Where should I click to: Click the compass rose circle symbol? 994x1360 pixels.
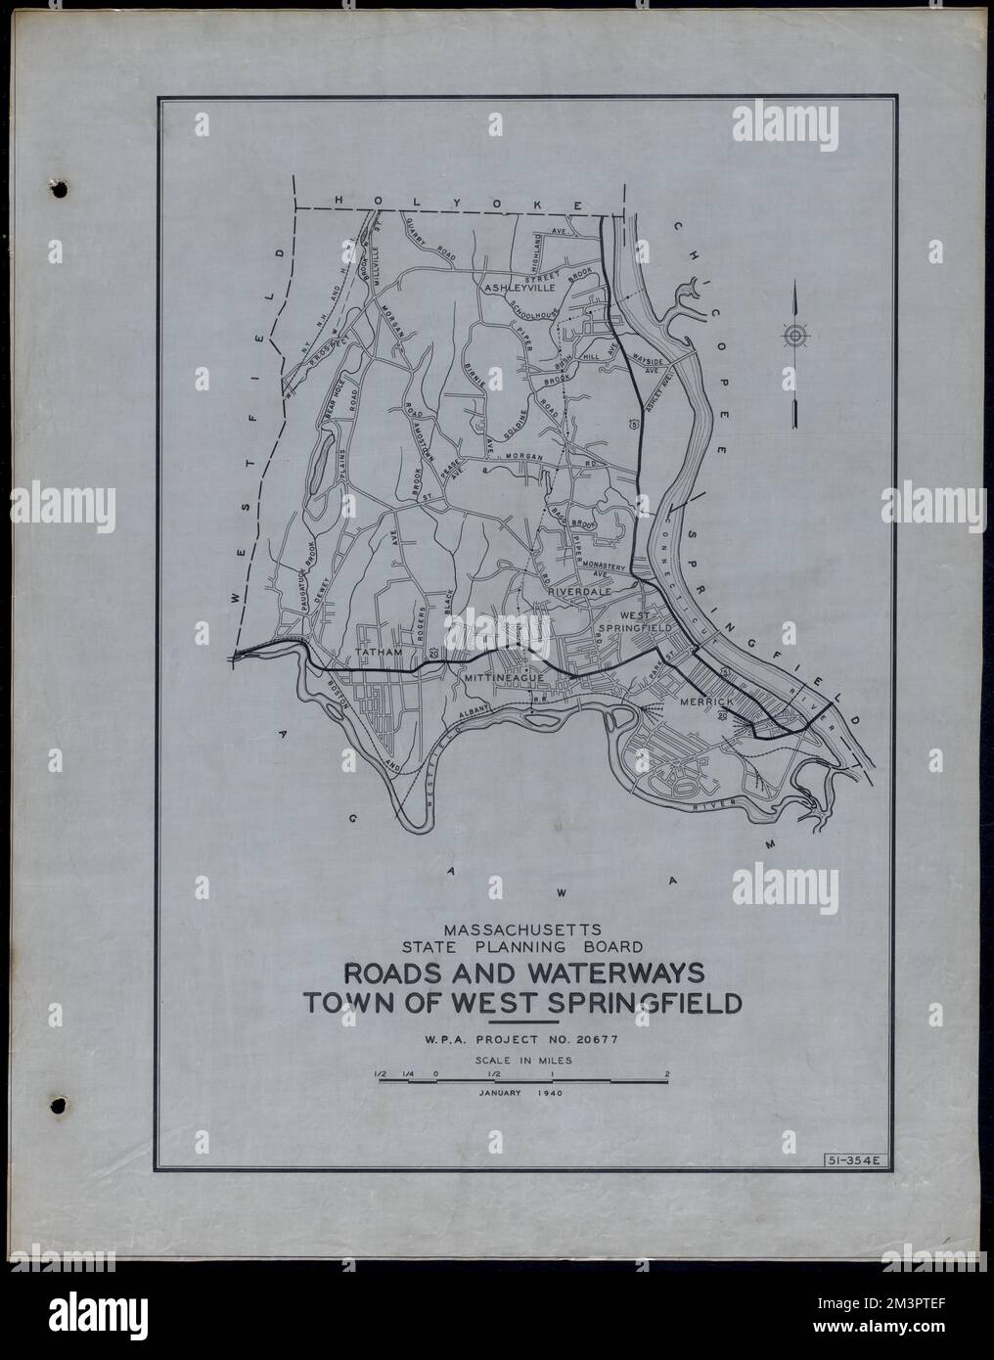(x=795, y=336)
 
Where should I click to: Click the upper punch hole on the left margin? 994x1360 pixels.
(x=53, y=186)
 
